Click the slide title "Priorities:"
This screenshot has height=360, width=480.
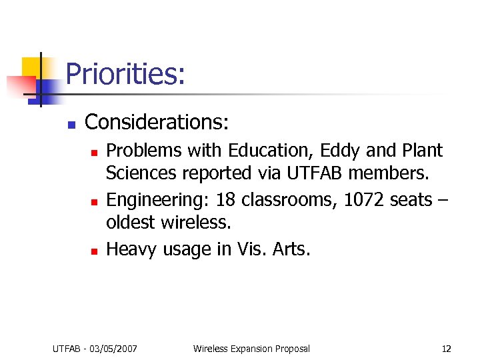pyautogui.click(x=125, y=74)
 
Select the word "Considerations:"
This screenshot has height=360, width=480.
pyautogui.click(x=157, y=123)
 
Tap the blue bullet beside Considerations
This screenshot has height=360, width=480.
pyautogui.click(x=71, y=125)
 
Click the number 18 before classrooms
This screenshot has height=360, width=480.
pyautogui.click(x=226, y=200)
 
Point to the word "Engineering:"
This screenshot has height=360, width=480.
pyautogui.click(x=155, y=200)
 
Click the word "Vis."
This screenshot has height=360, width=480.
pyautogui.click(x=252, y=249)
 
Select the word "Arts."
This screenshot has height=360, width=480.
pyautogui.click(x=291, y=249)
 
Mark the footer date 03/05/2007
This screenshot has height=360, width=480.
pyautogui.click(x=117, y=348)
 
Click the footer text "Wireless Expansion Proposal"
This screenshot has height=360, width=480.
pyautogui.click(x=251, y=348)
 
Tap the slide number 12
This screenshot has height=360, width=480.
pyautogui.click(x=446, y=348)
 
